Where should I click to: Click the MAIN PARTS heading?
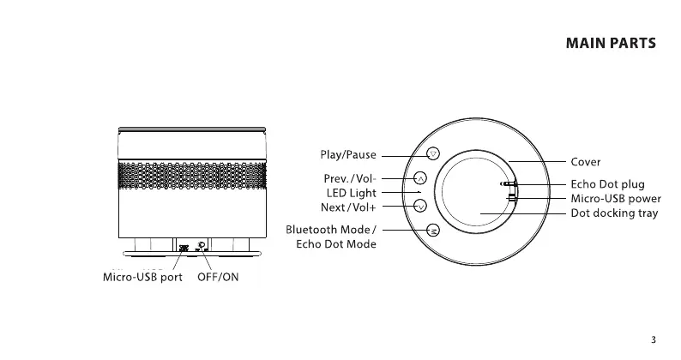(612, 43)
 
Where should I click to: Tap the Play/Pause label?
(347, 155)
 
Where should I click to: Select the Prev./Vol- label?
(348, 179)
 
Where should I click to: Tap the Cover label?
(586, 161)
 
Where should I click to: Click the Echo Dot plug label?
(607, 184)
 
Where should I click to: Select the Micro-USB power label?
(616, 199)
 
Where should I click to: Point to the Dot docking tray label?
(614, 213)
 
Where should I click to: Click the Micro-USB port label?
(143, 278)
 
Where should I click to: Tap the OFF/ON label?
(218, 278)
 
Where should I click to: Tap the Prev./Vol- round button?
(420, 178)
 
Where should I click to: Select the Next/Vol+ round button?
(420, 206)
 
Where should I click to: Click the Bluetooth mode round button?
(433, 230)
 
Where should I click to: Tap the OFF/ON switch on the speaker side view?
(201, 247)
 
